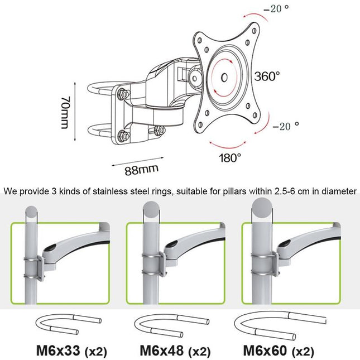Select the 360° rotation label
267,76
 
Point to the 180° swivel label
231,157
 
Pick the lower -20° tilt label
285,126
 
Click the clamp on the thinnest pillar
33,266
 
